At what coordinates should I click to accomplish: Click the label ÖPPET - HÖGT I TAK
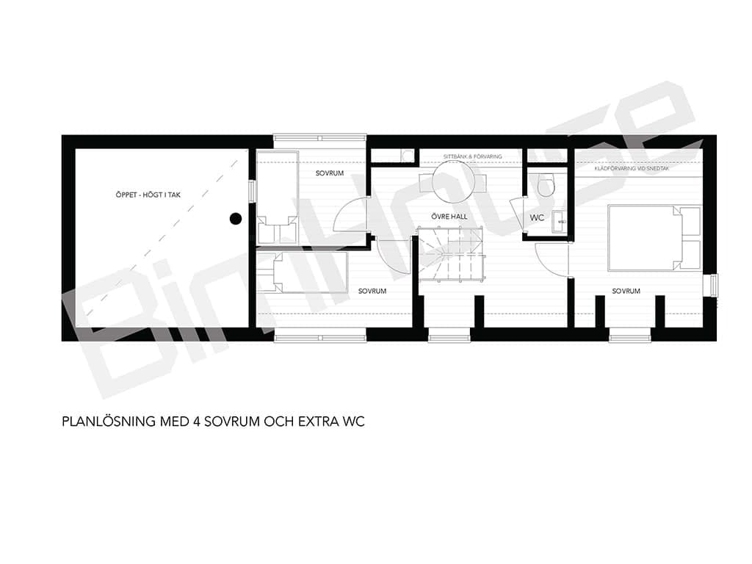click(148, 195)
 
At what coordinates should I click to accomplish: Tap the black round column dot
click(235, 219)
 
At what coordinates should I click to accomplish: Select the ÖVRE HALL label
click(449, 217)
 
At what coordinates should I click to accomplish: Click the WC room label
click(537, 217)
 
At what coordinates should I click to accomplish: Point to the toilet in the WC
click(546, 185)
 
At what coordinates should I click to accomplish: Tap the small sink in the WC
click(559, 222)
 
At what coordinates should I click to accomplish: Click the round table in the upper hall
click(453, 183)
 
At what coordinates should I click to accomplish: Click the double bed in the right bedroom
click(654, 238)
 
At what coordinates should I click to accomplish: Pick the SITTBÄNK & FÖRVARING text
click(472, 156)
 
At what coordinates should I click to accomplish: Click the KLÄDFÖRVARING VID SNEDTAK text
click(632, 169)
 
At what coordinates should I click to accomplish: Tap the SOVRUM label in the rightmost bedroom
click(626, 291)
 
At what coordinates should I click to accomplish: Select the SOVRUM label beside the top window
click(330, 173)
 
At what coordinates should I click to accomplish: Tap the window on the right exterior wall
click(712, 285)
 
